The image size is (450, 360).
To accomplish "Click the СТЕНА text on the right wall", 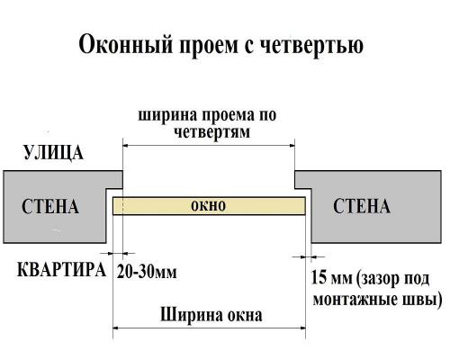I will click(x=362, y=208).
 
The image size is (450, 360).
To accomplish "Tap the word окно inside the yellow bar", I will click(x=209, y=206).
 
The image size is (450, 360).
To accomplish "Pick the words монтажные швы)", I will click(x=377, y=298).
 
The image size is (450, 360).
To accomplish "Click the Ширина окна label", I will click(x=211, y=316).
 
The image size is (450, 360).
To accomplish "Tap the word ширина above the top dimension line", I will click(x=167, y=115).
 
